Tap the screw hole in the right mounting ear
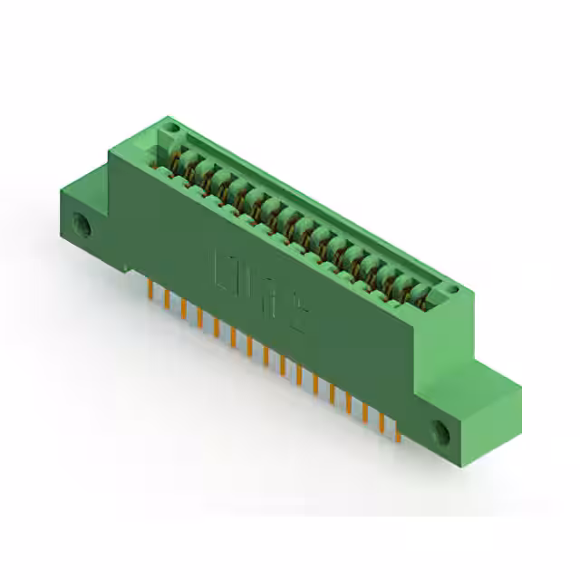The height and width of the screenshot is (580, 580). click(x=443, y=432)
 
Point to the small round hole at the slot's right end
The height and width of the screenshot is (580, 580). click(x=450, y=291)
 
